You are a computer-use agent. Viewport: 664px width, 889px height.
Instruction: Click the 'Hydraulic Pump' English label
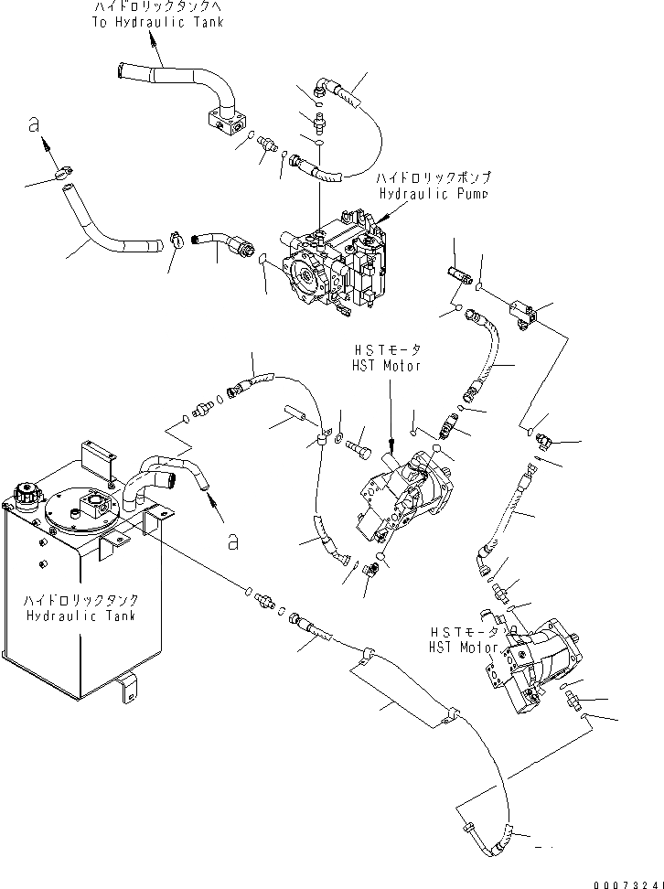tap(434, 195)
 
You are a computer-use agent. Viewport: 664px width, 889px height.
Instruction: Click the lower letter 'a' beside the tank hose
tap(234, 541)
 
